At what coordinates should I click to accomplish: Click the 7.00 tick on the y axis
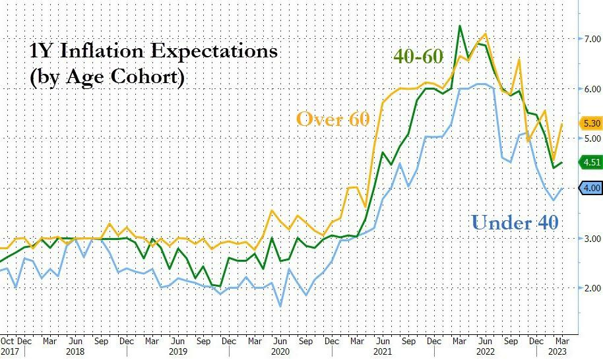pos(589,39)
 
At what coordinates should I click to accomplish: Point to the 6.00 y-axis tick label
pos(589,89)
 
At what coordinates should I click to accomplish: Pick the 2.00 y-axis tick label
pos(589,288)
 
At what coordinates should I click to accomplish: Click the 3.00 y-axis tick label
pos(589,239)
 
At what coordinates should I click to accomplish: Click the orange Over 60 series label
pos(333,119)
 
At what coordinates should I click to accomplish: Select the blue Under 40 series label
pos(515,222)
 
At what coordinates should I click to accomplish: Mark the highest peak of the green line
pos(460,26)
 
